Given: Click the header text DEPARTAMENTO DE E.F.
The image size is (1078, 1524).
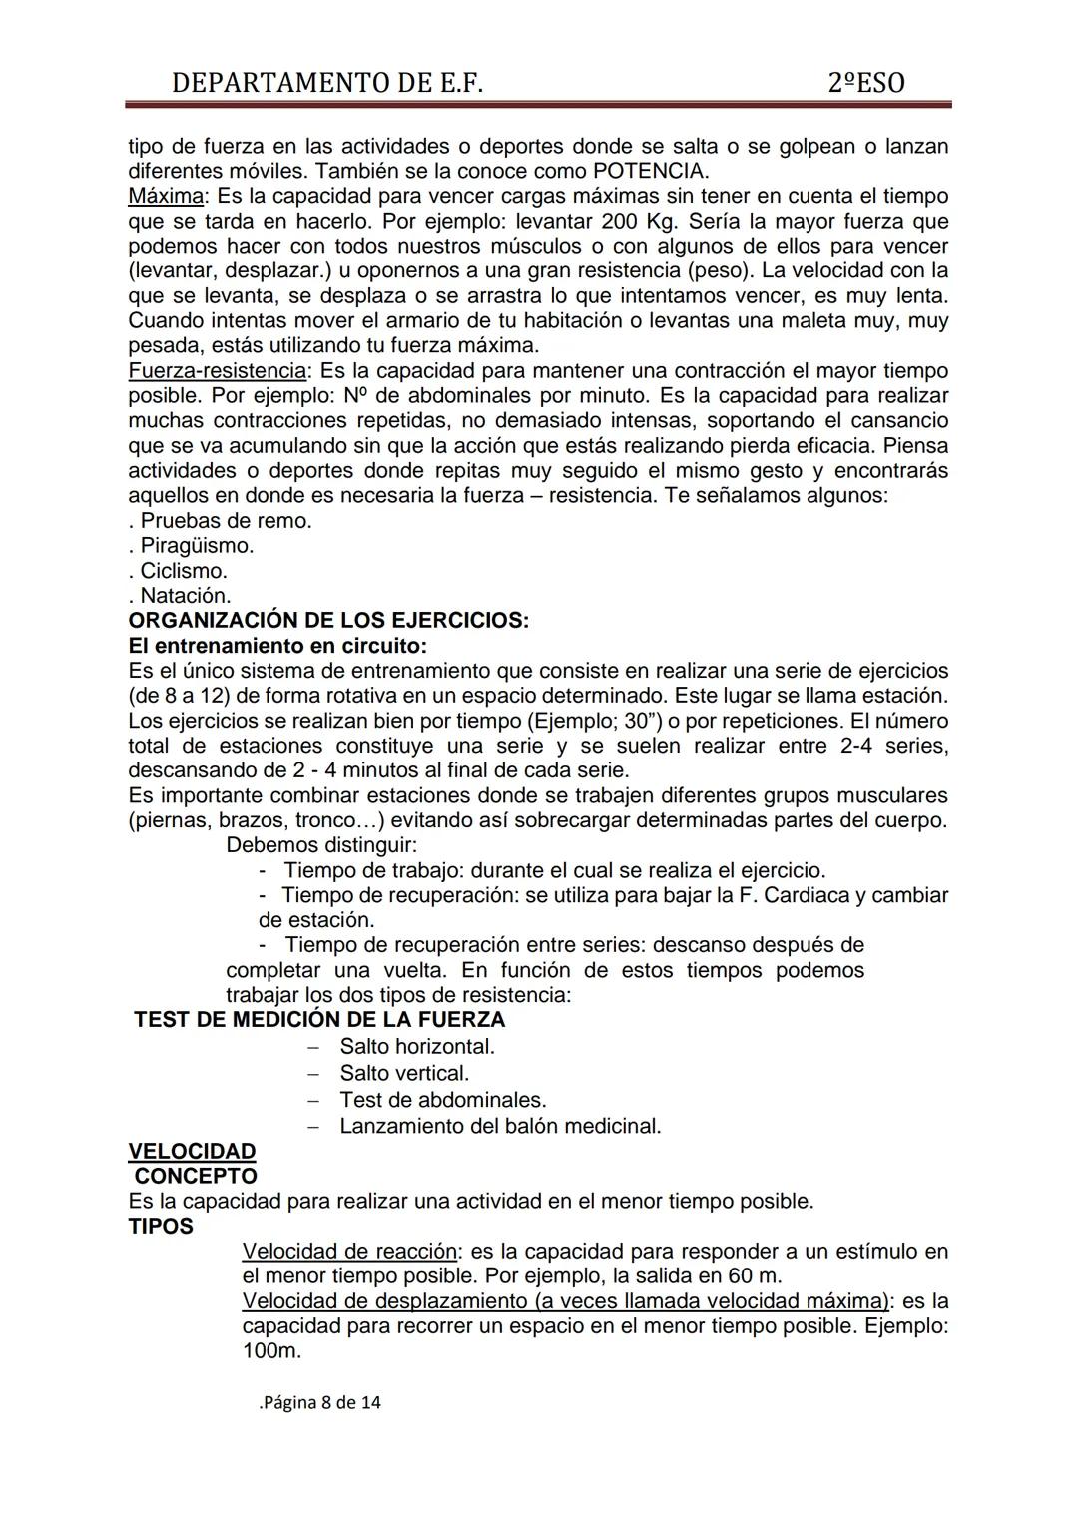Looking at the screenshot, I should click(327, 82).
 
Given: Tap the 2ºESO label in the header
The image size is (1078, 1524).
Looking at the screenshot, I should click(866, 82).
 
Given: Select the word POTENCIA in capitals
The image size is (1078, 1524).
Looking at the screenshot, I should click(650, 171).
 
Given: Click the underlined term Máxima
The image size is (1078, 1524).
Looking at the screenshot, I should click(166, 196).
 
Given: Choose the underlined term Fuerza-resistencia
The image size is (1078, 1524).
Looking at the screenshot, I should click(217, 371).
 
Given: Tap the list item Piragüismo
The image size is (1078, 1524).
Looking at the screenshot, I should click(196, 546).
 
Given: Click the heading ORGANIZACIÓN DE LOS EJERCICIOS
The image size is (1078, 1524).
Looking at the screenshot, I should click(328, 621).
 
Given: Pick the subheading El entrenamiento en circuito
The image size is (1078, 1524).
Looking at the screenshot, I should click(277, 646).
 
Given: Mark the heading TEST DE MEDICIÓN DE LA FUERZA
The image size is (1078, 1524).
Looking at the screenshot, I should click(319, 1020).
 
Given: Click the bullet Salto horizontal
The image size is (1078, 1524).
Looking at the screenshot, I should click(417, 1047).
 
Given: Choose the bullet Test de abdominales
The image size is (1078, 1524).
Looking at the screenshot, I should click(442, 1100).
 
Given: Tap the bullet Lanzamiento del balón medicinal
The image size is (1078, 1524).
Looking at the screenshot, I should click(500, 1126).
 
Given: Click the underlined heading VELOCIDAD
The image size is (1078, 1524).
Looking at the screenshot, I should click(192, 1151).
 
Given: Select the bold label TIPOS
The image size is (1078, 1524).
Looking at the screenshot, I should click(161, 1226).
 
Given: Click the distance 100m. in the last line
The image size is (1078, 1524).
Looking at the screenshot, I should click(271, 1351).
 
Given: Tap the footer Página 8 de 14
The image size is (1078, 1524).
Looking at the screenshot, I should click(320, 1402).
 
